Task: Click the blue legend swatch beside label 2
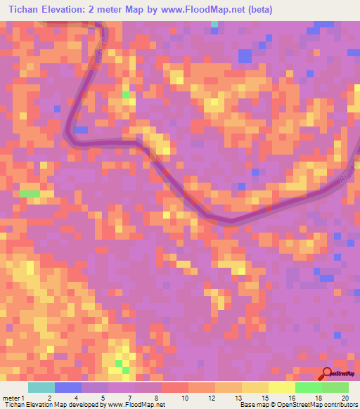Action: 67,387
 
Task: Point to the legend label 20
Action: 344,398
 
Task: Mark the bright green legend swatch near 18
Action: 308,387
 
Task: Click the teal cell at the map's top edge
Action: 214,25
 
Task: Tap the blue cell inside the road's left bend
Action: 82,130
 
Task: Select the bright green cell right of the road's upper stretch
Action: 125,94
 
